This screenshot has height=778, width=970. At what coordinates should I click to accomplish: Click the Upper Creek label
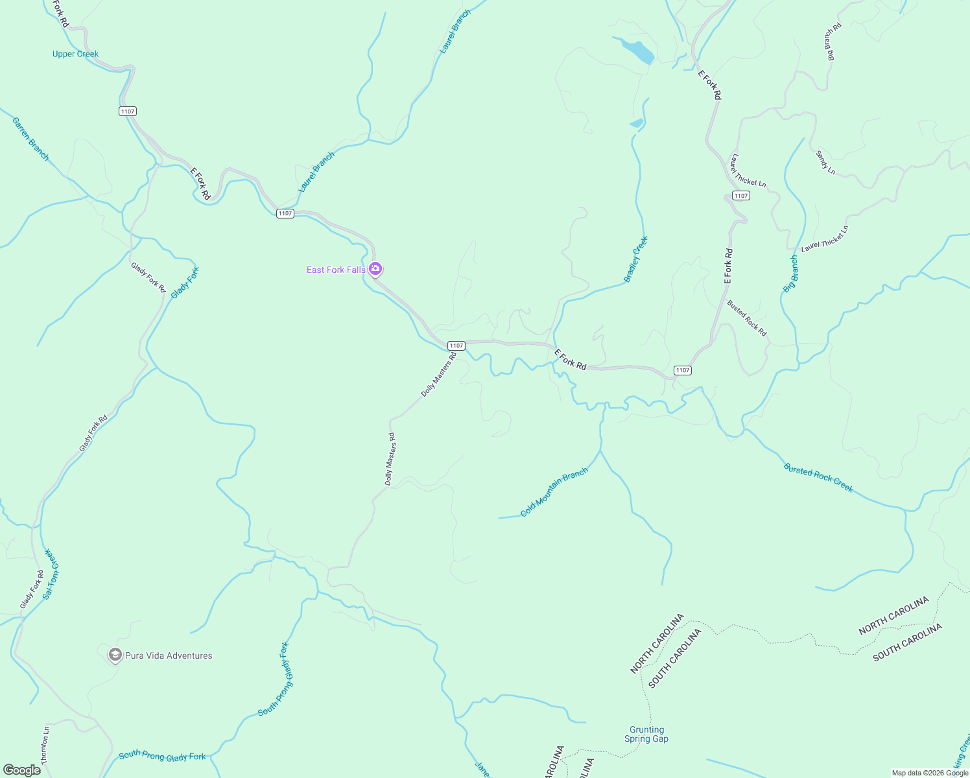75,54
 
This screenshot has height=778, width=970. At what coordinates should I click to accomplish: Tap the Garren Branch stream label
30,139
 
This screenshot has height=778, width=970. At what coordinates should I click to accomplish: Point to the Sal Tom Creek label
51,574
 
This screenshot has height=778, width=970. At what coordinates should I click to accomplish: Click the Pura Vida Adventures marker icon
115,655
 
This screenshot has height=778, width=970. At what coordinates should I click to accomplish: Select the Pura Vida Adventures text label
169,655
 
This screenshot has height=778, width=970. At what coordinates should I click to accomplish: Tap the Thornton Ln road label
45,745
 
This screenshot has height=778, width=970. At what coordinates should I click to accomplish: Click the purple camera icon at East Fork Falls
375,269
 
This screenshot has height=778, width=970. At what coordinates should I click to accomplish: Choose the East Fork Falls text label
335,270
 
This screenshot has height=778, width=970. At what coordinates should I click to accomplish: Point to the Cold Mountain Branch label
554,493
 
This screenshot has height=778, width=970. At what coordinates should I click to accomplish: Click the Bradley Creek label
636,259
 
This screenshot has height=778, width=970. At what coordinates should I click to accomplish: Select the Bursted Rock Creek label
818,478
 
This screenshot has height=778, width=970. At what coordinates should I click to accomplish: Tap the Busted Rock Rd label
746,318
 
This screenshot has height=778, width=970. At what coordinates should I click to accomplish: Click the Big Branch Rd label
833,41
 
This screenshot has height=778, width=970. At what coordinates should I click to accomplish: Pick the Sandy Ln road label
825,162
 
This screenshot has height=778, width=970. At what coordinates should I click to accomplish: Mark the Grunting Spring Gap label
646,734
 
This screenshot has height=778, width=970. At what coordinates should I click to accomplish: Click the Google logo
22,770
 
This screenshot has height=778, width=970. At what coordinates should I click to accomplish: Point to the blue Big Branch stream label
791,274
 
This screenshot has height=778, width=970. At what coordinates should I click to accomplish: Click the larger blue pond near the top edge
637,51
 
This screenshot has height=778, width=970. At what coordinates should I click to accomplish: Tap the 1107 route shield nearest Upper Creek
128,112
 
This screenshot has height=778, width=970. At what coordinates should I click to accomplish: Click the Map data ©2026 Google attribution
930,773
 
